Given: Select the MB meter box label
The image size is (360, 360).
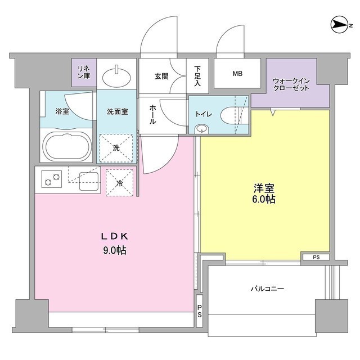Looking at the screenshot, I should pos(237,73).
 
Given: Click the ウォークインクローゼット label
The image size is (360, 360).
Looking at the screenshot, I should pos(291,85).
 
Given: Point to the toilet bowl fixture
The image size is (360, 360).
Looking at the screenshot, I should pos(230,116).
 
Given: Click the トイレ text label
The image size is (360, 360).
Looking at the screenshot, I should pos(203,114).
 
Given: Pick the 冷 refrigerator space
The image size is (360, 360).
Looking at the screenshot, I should pos(119,182).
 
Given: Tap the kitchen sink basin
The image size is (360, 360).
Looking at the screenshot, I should pos(86,182).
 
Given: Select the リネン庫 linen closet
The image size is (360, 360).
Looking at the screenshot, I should pos(84,72).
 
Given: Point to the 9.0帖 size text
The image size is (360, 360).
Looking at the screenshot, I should pos(115,250).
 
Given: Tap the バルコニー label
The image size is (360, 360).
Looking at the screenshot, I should pos(267,289).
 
